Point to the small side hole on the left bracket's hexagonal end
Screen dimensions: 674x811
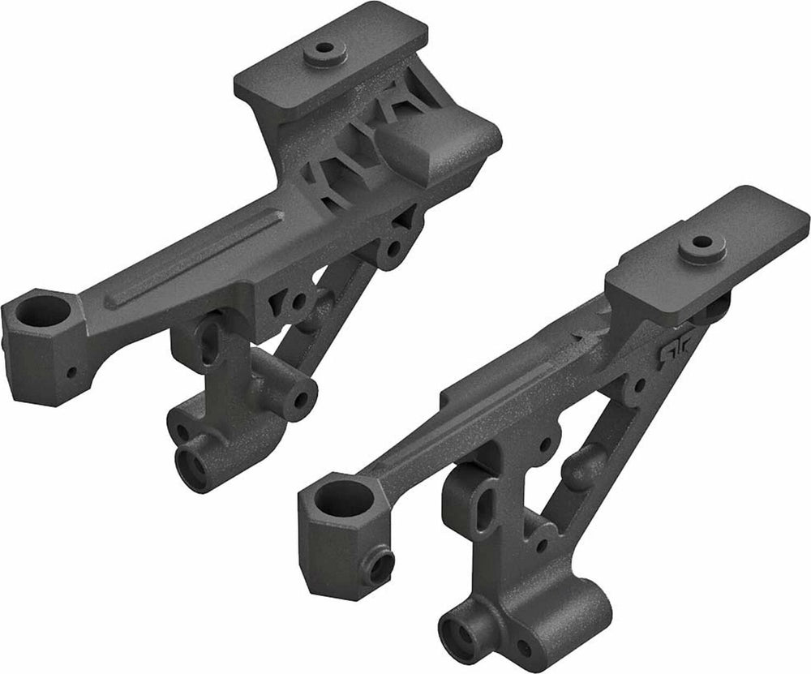click(71, 373)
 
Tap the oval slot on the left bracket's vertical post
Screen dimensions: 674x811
click(210, 341)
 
